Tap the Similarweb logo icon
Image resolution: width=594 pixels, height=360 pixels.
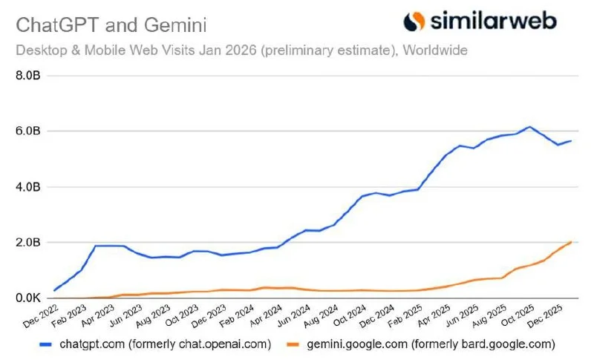pos(414,21)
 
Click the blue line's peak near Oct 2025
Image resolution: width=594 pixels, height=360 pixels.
pos(529,127)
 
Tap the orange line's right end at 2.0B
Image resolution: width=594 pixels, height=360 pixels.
pos(570,242)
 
